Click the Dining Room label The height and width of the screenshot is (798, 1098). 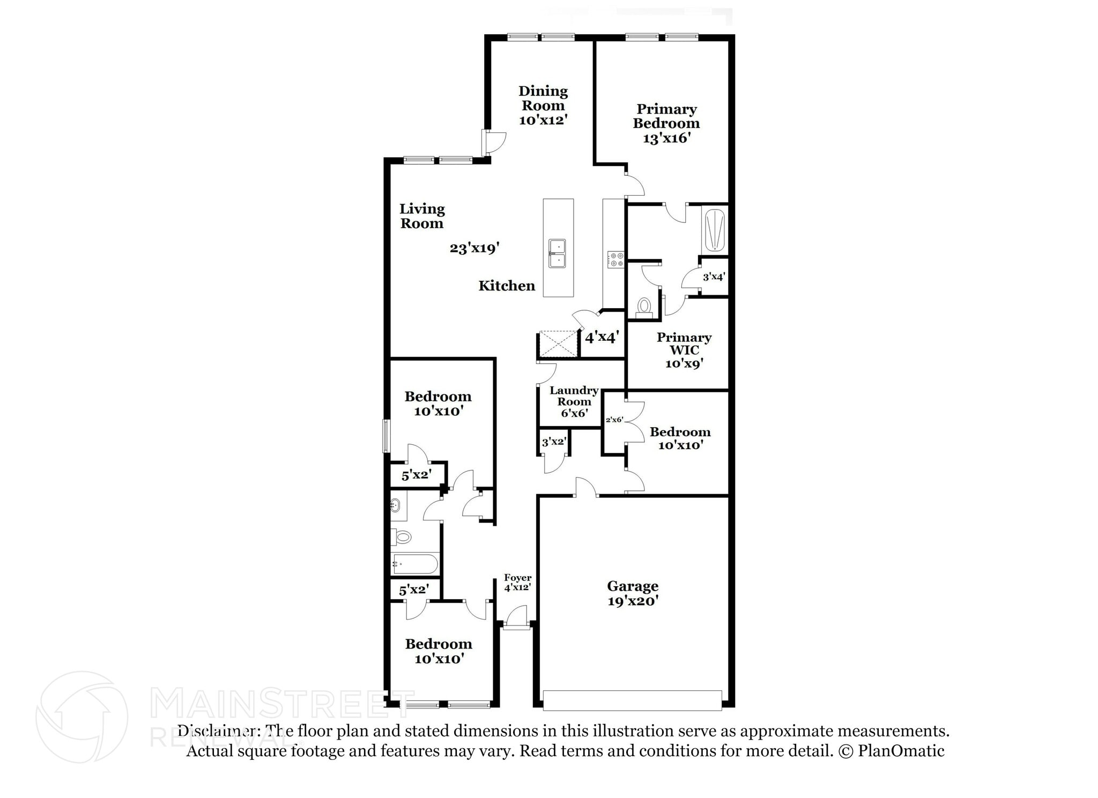pos(543,99)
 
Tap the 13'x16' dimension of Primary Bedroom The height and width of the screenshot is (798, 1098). pos(666,138)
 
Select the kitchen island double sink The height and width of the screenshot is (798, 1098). pos(557,253)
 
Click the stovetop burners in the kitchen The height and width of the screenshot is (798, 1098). pos(615,260)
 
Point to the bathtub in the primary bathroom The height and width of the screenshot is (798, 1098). pos(714,230)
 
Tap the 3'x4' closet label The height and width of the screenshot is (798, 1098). pos(714,277)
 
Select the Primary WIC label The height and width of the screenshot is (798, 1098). pos(684,344)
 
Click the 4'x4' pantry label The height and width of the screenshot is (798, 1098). pos(602,338)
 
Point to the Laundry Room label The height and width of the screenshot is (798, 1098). pos(574,396)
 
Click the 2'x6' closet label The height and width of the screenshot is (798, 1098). pos(614,420)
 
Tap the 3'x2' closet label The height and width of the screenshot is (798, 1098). pos(554,442)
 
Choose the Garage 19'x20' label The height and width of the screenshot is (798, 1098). pos(633,593)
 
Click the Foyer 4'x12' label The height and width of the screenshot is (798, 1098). pos(517,582)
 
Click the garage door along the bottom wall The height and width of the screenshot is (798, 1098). pos(632,700)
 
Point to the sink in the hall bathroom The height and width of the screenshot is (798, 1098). pos(396,505)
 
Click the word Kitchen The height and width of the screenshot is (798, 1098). pos(507,286)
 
